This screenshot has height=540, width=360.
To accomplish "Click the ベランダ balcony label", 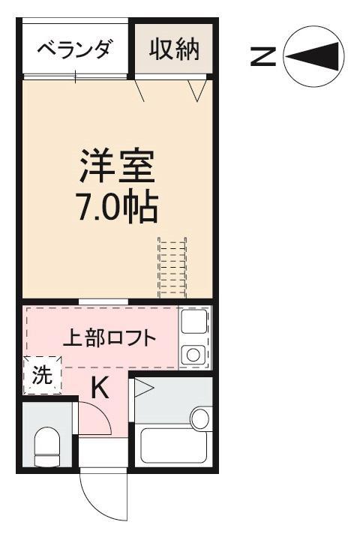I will tap(75, 50).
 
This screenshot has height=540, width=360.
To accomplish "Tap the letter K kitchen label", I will tap(100, 388).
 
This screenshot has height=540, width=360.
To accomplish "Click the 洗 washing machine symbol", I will tap(41, 375).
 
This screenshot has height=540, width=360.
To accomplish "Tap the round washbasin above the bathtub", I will tap(200, 417).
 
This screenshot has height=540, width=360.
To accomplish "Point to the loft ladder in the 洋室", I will tap(172, 268).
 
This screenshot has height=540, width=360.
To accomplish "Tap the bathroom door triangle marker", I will tap(142, 388).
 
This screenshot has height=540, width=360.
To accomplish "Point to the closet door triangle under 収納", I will tap(198, 91).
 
